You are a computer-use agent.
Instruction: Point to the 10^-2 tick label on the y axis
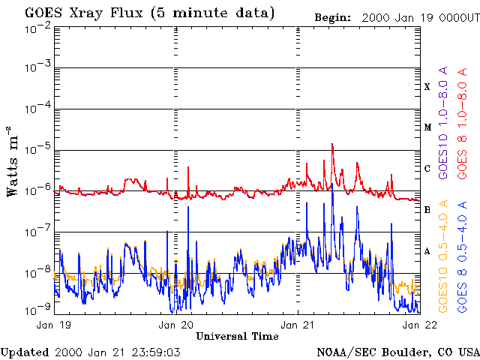pyautogui.click(x=37, y=27)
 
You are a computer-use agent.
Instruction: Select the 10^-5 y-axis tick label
pyautogui.click(x=37, y=150)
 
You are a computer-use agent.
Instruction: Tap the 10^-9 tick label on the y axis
pyautogui.click(x=37, y=308)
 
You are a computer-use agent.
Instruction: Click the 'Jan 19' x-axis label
pyautogui.click(x=55, y=325)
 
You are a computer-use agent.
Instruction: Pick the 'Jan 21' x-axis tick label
pyautogui.click(x=298, y=325)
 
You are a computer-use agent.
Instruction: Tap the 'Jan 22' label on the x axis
pyautogui.click(x=418, y=325)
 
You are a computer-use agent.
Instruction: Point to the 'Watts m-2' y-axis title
pyautogui.click(x=13, y=161)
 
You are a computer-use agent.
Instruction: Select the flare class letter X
pyautogui.click(x=427, y=87)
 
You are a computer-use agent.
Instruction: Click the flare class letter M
pyautogui.click(x=427, y=127)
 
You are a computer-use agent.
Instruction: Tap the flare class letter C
pyautogui.click(x=427, y=169)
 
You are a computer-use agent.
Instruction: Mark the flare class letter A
pyautogui.click(x=427, y=251)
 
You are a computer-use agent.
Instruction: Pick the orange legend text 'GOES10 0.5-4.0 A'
pyautogui.click(x=444, y=256)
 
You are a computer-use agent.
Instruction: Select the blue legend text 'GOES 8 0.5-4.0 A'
pyautogui.click(x=463, y=256)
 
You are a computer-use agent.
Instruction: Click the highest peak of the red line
pyautogui.click(x=332, y=145)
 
